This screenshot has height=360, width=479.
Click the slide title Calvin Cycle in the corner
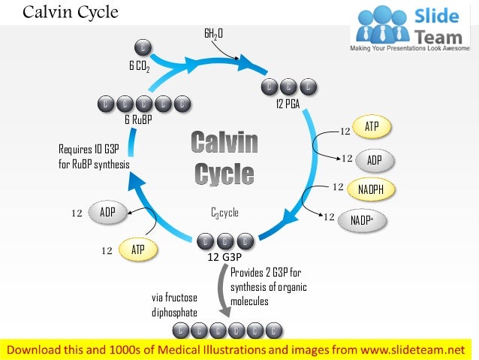pos(71,13)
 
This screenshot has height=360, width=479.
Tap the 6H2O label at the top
pos(214,34)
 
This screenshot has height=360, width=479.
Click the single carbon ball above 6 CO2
pos(143,48)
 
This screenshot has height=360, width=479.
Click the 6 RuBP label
pos(138,119)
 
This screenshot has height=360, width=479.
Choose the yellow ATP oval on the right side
pos(372,128)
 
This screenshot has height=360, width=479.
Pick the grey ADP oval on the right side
pos(373,159)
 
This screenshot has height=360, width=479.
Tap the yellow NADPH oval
pos(371,189)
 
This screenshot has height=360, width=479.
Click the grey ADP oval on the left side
pos(107,212)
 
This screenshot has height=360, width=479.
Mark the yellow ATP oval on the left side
pos(138,248)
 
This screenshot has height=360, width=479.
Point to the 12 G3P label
pos(224,257)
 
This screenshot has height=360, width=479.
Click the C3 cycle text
pos(224,213)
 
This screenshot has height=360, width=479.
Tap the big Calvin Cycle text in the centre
pos(224,158)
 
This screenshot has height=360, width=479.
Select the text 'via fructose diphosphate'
pos(175,304)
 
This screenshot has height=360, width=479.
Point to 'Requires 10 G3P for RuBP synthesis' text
pos(94,156)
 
